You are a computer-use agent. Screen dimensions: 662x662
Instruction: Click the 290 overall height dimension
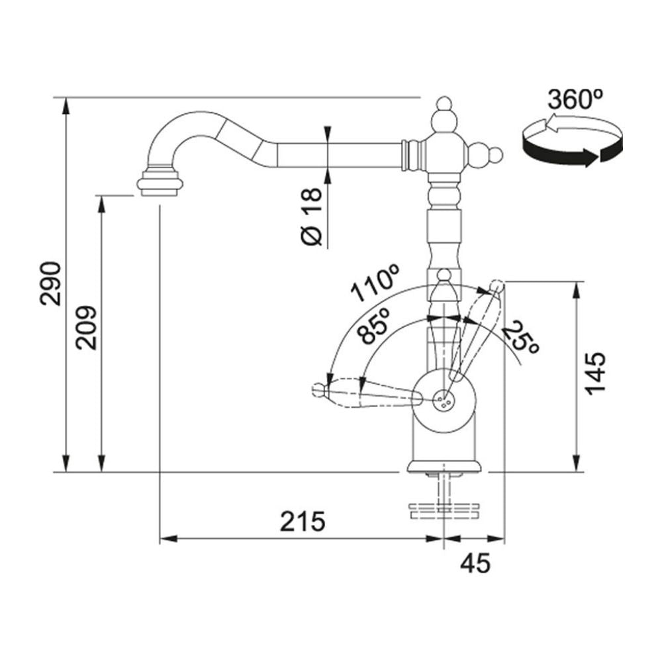pyautogui.click(x=51, y=283)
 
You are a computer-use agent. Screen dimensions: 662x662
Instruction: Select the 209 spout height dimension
pyautogui.click(x=87, y=328)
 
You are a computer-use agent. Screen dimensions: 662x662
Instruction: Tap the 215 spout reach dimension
pyautogui.click(x=303, y=521)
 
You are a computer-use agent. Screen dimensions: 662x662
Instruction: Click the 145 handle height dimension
pyautogui.click(x=596, y=373)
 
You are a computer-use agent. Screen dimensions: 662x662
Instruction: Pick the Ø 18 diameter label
pyautogui.click(x=312, y=216)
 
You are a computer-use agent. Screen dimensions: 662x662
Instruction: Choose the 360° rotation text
pyautogui.click(x=575, y=100)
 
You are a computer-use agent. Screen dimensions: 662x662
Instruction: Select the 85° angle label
pyautogui.click(x=372, y=326)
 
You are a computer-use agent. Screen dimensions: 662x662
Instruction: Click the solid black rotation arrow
pyautogui.click(x=573, y=148)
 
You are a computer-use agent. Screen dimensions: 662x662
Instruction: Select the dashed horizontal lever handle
pyautogui.click(x=367, y=392)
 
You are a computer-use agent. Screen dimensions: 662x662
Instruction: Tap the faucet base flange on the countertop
pyautogui.click(x=444, y=465)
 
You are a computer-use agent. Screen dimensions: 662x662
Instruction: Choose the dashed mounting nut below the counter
pyautogui.click(x=444, y=510)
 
